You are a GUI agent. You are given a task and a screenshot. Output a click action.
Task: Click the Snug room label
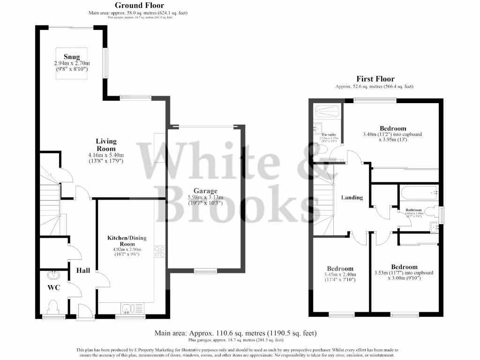click(x=72, y=57)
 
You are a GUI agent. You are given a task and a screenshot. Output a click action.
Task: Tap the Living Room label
click(x=106, y=145)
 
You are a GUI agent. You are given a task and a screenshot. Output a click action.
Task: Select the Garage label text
click(x=206, y=191)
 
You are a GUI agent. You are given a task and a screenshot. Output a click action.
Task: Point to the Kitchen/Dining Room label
click(x=127, y=241)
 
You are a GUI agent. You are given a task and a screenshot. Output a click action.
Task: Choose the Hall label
click(x=83, y=270)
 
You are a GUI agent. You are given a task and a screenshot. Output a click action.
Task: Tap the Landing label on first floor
click(x=352, y=197)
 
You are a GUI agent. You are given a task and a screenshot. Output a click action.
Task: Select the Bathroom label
click(x=413, y=210)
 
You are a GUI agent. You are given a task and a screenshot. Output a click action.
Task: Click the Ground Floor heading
click(x=140, y=6)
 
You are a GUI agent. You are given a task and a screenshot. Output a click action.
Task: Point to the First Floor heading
click(x=375, y=79)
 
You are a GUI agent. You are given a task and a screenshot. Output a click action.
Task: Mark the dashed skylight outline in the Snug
click(x=72, y=64)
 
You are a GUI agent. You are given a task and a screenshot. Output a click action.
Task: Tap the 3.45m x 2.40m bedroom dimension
click(x=340, y=275)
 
